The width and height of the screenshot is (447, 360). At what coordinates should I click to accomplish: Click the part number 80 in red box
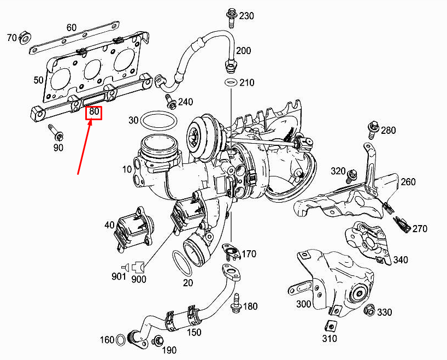[95, 113]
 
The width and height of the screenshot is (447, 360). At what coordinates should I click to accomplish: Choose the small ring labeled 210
[231, 82]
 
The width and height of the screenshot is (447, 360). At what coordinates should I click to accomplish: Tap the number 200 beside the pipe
[243, 51]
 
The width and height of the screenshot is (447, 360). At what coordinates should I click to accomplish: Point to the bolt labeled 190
[158, 341]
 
